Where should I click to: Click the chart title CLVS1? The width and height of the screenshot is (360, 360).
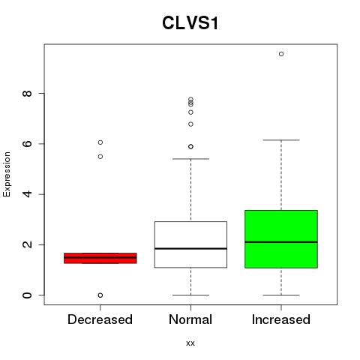(190, 23)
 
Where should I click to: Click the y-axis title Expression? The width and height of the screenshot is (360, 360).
(7, 174)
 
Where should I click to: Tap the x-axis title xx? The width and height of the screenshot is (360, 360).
(190, 343)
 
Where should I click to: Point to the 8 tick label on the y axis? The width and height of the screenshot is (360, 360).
(27, 94)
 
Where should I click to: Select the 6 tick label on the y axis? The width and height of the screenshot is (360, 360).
(27, 144)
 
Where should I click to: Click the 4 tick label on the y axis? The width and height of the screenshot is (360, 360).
(27, 194)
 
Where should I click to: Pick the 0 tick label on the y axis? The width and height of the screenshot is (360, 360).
(27, 295)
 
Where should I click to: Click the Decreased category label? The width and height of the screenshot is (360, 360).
(100, 319)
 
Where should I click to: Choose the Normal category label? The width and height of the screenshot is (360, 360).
(190, 319)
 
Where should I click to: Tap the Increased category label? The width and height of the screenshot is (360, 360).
(281, 319)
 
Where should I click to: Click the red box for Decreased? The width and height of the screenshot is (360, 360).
(100, 258)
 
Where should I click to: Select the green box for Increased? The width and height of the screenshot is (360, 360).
(281, 239)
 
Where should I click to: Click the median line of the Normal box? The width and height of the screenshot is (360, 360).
(190, 248)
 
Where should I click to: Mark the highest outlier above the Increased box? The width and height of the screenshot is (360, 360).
(281, 54)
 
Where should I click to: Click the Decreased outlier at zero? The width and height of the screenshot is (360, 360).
(100, 295)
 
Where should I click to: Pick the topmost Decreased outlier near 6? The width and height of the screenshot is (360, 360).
(100, 142)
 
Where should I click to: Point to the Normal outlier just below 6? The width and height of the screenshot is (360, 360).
(190, 146)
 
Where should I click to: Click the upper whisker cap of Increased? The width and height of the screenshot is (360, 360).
(281, 140)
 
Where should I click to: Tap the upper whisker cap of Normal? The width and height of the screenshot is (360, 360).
(190, 159)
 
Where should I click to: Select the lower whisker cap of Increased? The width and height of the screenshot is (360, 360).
(281, 295)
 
